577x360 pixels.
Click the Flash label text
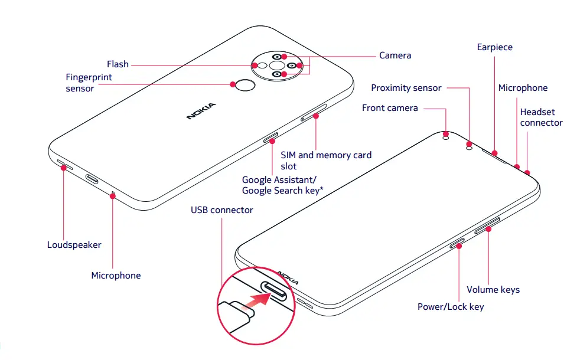[118, 64]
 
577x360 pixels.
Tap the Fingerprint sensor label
[89, 83]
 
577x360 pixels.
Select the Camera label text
[395, 55]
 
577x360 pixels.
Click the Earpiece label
[494, 47]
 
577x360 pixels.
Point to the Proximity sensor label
[406, 88]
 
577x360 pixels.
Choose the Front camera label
[390, 108]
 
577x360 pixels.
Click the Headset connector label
[541, 117]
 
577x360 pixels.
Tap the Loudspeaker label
[74, 244]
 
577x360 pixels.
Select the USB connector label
[221, 210]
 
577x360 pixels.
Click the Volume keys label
[493, 289]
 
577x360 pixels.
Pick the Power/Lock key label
[451, 306]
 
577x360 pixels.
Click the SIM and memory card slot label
[326, 161]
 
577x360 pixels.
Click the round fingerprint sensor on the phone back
[245, 87]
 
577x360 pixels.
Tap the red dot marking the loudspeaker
[63, 168]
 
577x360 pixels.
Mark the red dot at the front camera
[445, 133]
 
